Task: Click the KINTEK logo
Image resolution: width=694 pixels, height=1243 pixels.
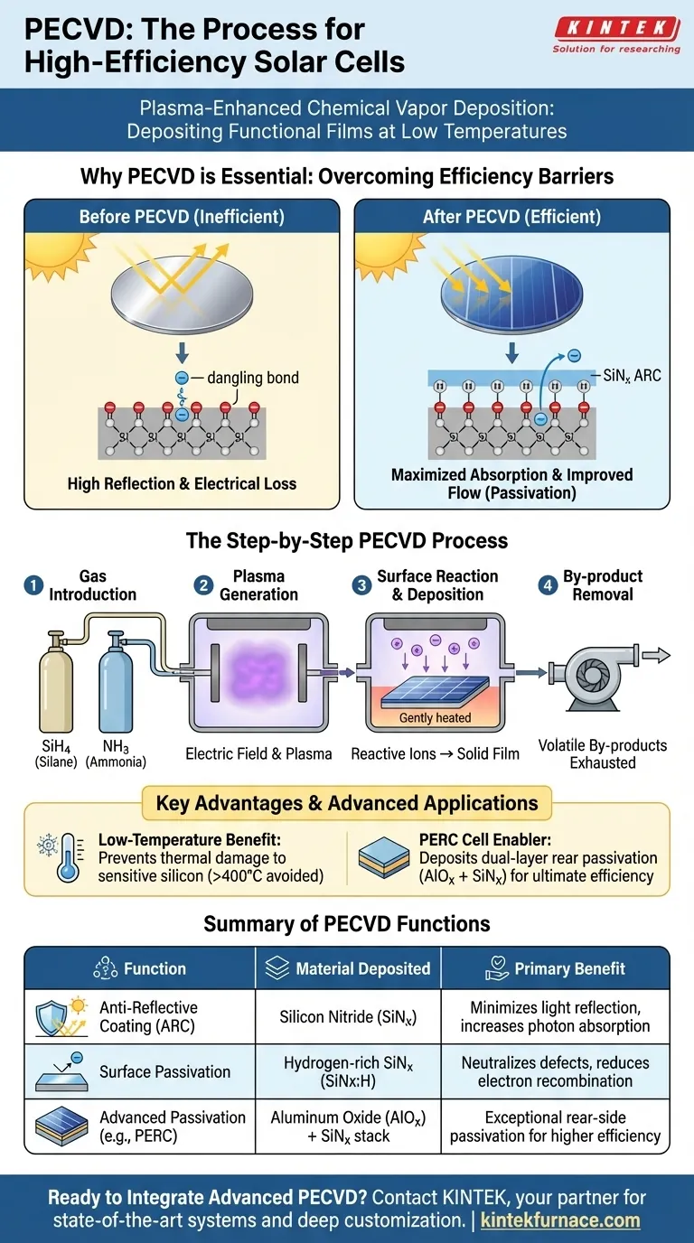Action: [x=615, y=30]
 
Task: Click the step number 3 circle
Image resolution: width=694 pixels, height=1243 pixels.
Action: [x=361, y=585]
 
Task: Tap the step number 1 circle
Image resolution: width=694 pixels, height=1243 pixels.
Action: [x=33, y=585]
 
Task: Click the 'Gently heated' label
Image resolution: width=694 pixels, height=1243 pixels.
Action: [x=435, y=718]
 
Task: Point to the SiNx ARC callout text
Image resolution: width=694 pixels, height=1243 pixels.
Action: [x=632, y=375]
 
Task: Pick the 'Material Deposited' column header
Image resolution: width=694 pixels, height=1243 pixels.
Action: [x=348, y=969]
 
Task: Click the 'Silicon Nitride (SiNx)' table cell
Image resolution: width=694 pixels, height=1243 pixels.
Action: [x=348, y=1017]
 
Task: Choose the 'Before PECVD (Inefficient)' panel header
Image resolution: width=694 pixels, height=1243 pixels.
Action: [x=181, y=217]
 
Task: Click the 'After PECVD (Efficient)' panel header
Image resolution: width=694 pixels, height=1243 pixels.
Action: [x=511, y=217]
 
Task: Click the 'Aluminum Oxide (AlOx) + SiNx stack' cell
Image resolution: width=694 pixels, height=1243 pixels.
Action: [x=348, y=1126]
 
